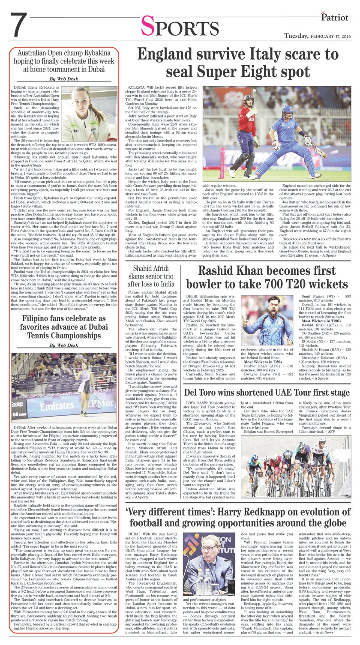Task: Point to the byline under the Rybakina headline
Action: [64, 79]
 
